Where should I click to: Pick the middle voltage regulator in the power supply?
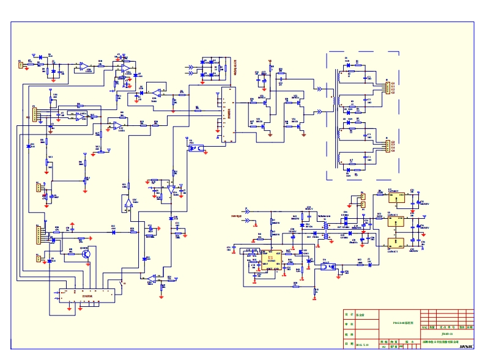[396, 222]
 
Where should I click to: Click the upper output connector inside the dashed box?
[386, 87]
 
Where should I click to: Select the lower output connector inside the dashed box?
[386, 145]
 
